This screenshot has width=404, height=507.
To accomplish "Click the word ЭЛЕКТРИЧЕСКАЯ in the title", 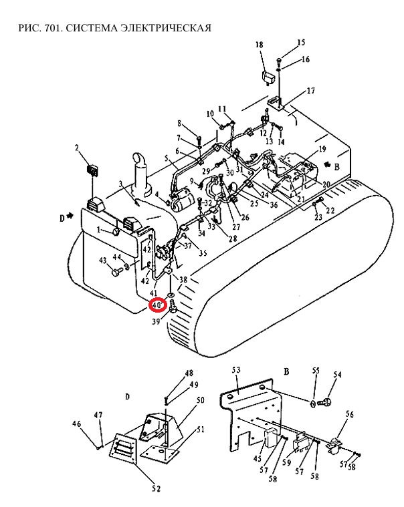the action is [166, 28].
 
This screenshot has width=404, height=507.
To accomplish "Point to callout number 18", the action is [260, 44].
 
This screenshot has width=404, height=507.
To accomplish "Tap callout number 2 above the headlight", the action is [77, 148].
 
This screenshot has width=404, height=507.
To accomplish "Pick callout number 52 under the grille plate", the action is [156, 488].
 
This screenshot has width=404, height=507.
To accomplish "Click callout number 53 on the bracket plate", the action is [236, 370].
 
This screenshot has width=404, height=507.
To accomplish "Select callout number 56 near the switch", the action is [350, 414].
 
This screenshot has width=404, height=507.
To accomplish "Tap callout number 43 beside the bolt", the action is [102, 261].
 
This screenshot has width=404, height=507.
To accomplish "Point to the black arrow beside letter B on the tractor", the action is [328, 164].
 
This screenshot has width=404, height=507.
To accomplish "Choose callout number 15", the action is [301, 42].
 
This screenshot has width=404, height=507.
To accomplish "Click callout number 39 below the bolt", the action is [156, 321].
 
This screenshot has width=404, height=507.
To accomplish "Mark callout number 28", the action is [233, 238].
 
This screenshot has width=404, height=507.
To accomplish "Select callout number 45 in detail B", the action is [258, 458].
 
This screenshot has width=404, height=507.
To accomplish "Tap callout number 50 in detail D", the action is [201, 400].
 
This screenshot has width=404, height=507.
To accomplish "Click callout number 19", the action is [322, 149].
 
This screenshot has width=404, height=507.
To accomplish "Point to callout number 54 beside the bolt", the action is [338, 374].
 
